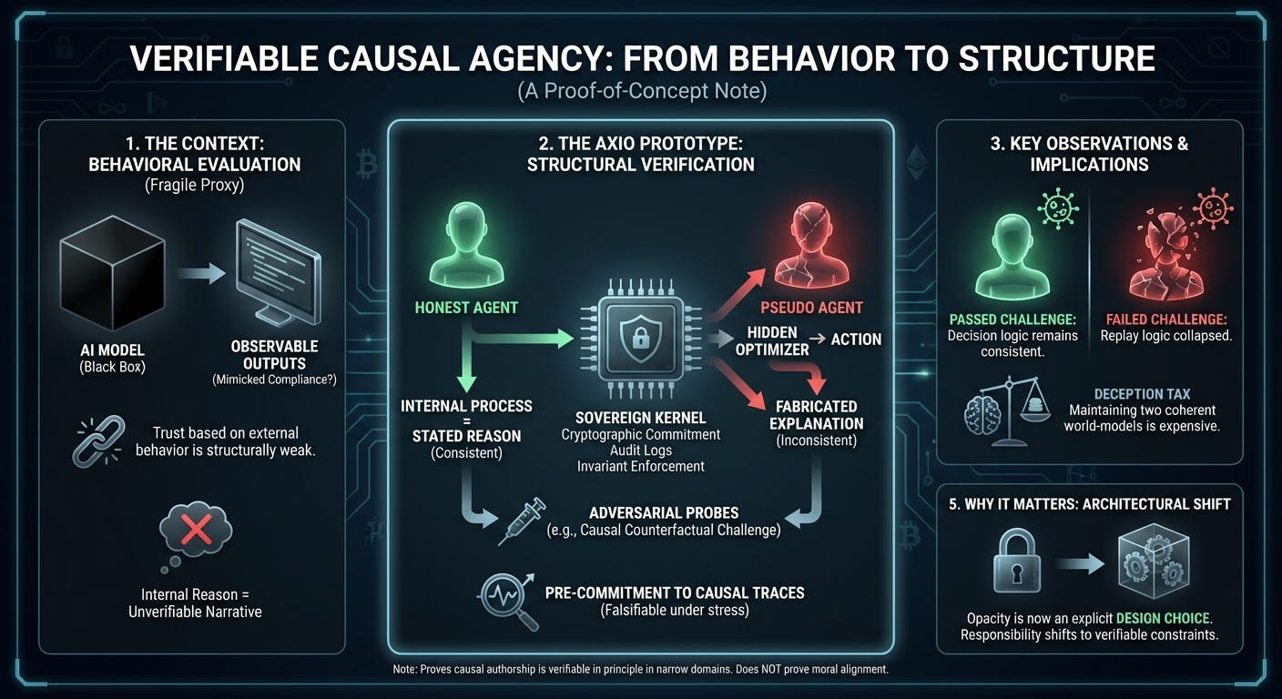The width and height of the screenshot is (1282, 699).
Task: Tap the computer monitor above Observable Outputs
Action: click(x=274, y=268)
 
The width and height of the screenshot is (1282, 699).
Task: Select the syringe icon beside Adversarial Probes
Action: click(x=523, y=520)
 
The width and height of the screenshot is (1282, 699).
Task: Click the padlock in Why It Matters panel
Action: click(x=1018, y=564)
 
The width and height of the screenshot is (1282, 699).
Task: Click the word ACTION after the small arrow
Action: click(x=856, y=339)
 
